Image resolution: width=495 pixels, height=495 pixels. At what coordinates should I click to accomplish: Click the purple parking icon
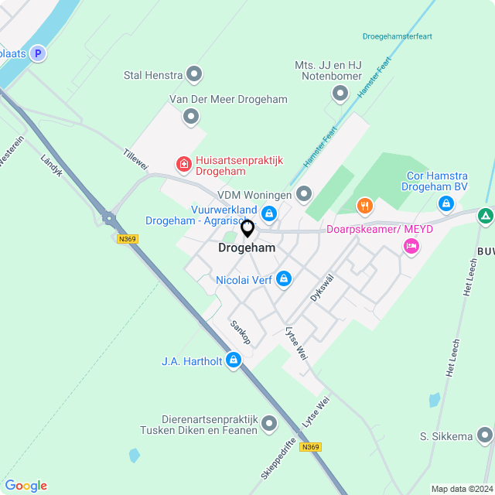pyautogui.click(x=36, y=53)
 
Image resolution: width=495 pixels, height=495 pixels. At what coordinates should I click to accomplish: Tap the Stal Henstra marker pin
pyautogui.click(x=194, y=75)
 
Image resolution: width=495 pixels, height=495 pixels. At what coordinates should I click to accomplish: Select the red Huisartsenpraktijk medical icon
pyautogui.click(x=183, y=163)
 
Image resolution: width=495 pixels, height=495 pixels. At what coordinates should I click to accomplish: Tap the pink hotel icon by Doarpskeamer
pyautogui.click(x=411, y=246)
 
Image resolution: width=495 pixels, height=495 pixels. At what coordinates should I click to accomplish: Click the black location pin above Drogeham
pyautogui.click(x=247, y=229)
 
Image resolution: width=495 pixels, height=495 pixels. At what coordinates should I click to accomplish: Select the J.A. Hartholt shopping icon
pyautogui.click(x=234, y=360)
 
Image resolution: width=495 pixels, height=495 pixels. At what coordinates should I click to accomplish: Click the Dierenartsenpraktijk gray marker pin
pyautogui.click(x=269, y=423)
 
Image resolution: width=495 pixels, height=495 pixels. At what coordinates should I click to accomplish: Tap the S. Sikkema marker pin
pyautogui.click(x=485, y=435)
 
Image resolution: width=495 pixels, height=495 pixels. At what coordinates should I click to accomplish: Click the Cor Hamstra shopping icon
pyautogui.click(x=445, y=203)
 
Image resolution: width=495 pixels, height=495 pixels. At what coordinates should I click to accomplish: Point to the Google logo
pyautogui.click(x=26, y=486)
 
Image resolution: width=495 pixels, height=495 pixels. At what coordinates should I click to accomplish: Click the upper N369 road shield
pyautogui.click(x=128, y=239)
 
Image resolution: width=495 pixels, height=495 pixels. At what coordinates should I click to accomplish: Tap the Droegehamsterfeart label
pyautogui.click(x=397, y=36)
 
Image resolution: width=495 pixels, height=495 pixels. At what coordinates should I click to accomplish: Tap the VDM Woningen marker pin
pyautogui.click(x=304, y=193)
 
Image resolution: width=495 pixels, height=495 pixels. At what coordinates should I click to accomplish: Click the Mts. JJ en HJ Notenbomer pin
pyautogui.click(x=340, y=94)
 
